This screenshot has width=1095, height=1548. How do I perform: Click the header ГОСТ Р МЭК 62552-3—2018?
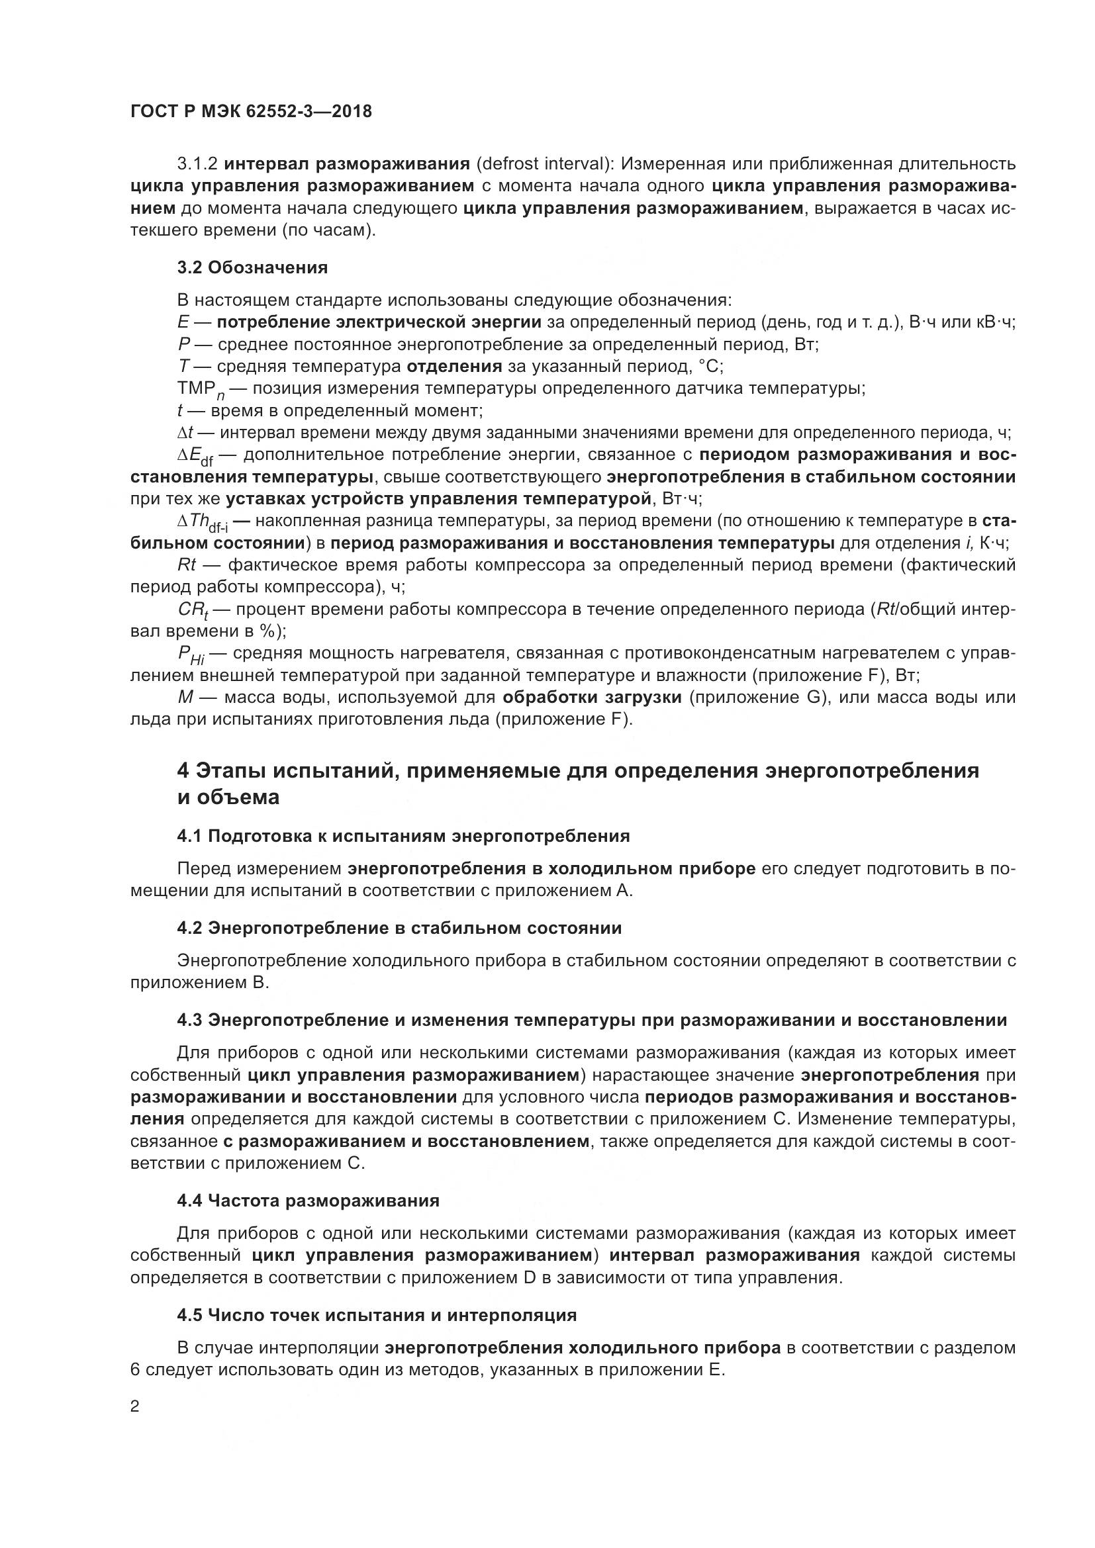[251, 112]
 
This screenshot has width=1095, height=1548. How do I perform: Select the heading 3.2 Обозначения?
[252, 267]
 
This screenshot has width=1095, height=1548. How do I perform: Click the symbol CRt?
[193, 611]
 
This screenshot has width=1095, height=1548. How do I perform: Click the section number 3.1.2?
[197, 164]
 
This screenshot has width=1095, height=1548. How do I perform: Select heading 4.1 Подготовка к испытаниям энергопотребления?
[403, 836]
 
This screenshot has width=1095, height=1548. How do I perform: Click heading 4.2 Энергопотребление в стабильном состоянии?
[399, 928]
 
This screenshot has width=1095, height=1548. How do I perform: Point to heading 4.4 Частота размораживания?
[308, 1200]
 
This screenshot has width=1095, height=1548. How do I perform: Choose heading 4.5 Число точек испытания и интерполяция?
[377, 1315]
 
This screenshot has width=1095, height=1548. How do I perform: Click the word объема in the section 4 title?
[238, 797]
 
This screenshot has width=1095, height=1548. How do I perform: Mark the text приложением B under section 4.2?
[199, 982]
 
